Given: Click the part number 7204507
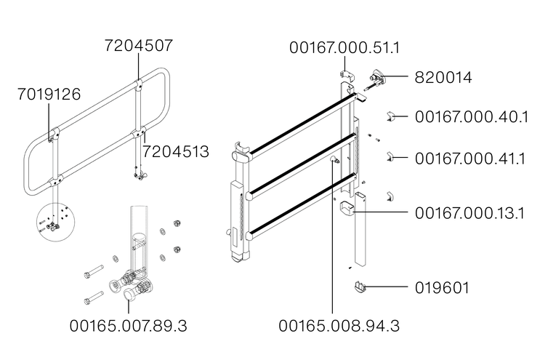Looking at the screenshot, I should point(138,46).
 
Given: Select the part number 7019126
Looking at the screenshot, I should point(49,95).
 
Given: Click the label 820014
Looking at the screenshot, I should point(443,77).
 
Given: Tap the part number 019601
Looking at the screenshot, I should point(442,288).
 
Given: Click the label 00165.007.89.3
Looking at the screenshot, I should point(129,326).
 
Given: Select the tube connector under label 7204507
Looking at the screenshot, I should point(138,89).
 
